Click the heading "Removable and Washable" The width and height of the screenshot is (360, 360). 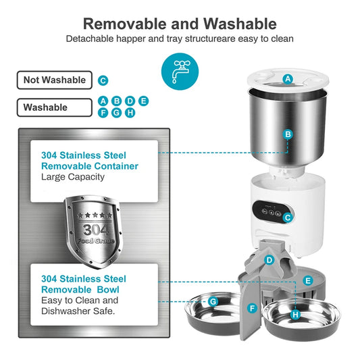[180, 24]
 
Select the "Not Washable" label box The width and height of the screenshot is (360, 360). [55, 80]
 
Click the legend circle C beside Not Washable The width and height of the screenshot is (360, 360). [103, 80]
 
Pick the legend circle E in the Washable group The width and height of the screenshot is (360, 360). [143, 101]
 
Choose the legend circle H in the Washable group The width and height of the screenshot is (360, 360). [130, 112]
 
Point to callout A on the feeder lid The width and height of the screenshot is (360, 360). [288, 79]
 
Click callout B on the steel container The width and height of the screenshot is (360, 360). [288, 134]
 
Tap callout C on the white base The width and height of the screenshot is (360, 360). [288, 217]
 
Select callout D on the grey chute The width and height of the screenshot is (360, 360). [269, 259]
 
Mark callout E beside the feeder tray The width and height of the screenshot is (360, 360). [308, 280]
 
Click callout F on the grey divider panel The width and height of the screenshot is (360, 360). [252, 308]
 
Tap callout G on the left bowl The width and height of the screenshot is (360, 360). [213, 301]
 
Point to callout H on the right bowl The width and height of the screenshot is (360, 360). [295, 314]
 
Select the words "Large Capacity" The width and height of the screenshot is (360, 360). [73, 177]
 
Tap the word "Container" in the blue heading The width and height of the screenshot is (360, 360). [115, 165]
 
